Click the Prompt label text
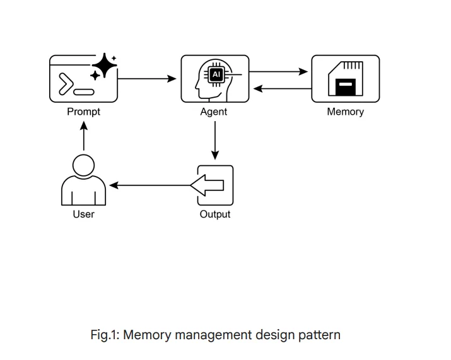pyautogui.click(x=83, y=112)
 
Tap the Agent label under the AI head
pyautogui.click(x=214, y=112)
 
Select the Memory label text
pyautogui.click(x=345, y=112)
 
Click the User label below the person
pyautogui.click(x=83, y=214)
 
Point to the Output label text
pyautogui.click(x=215, y=214)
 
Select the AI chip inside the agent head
pyautogui.click(x=216, y=74)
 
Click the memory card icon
pyautogui.click(x=346, y=79)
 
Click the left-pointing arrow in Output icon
pyautogui.click(x=208, y=185)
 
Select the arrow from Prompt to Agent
pyautogui.click(x=147, y=79)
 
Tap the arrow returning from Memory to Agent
pyautogui.click(x=282, y=88)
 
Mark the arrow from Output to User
pyautogui.click(x=149, y=185)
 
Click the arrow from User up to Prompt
pyautogui.click(x=84, y=136)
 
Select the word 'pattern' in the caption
pyautogui.click(x=319, y=335)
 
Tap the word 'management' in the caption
pyautogui.click(x=213, y=335)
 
